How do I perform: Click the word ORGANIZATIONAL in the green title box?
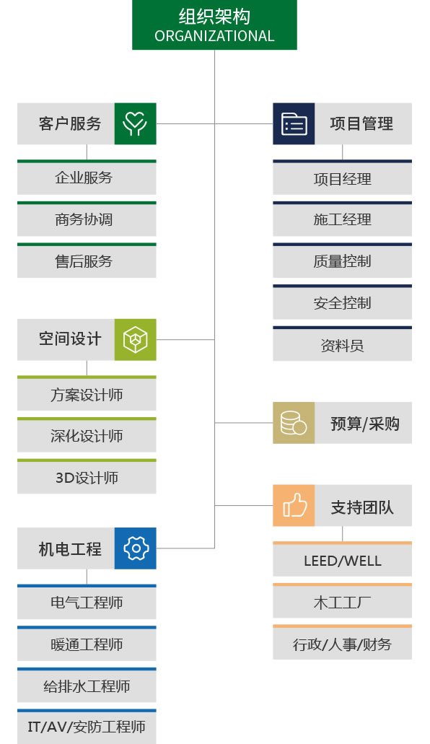(214, 36)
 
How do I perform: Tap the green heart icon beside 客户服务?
(135, 124)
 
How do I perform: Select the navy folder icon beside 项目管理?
(294, 124)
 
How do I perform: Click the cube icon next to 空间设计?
(135, 340)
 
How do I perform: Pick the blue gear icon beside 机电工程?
(135, 548)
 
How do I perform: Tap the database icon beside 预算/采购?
(294, 423)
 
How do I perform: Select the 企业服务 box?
(87, 178)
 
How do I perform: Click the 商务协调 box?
(87, 219)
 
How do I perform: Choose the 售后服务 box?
(87, 261)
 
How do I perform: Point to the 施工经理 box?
(342, 219)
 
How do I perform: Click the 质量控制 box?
(342, 261)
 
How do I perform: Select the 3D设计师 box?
(87, 476)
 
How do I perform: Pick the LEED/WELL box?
(342, 559)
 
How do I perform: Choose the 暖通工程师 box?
(87, 644)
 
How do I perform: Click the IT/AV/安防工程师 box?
(87, 727)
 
